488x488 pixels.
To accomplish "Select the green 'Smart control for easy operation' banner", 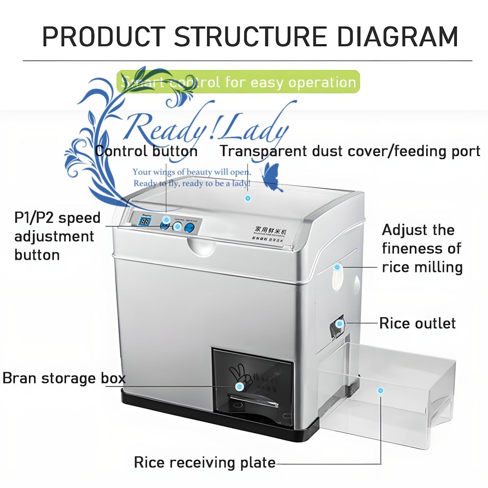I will (x=238, y=82).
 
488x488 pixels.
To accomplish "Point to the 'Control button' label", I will (x=146, y=151).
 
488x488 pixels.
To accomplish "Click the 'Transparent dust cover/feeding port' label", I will (x=350, y=151).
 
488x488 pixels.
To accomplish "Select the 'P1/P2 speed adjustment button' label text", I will (x=57, y=236).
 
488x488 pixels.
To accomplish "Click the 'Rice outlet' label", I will (x=417, y=323).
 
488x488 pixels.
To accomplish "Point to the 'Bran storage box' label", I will (x=64, y=379).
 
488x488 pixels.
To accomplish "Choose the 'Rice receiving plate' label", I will (x=205, y=463).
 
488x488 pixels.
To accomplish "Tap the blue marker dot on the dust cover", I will (x=248, y=199).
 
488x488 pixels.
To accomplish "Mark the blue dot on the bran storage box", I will (x=240, y=387).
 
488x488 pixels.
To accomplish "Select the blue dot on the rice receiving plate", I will (x=380, y=391).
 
